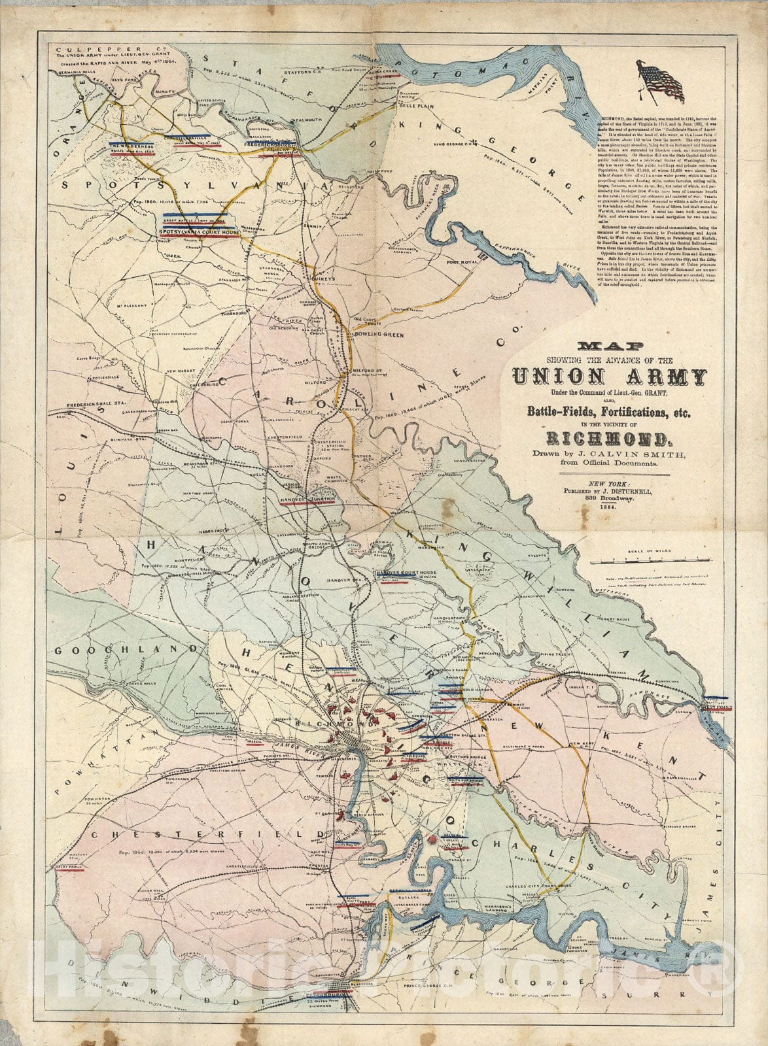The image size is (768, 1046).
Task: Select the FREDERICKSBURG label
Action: (271, 144)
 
